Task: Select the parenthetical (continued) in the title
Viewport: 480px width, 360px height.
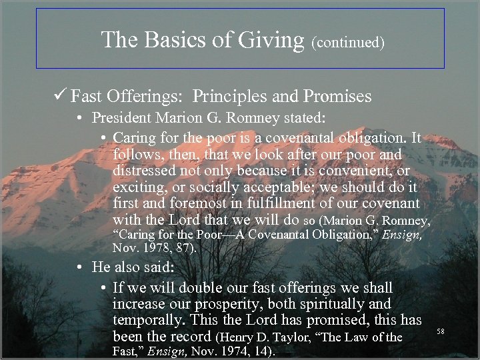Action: pyautogui.click(x=348, y=43)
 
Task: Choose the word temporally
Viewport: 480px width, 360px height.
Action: pyautogui.click(x=151, y=321)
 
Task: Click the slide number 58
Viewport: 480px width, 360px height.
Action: pyautogui.click(x=441, y=331)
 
